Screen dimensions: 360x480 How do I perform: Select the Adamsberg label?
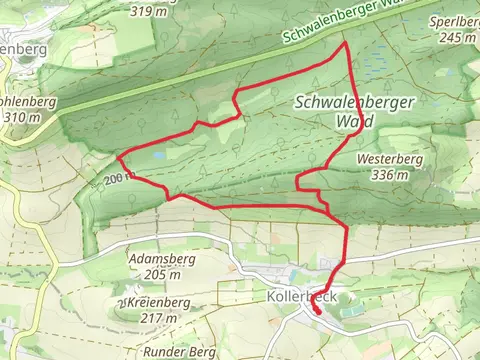pos(160,258)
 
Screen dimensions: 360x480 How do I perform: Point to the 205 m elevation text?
pos(161,274)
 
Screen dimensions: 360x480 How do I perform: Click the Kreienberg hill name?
pos(152,302)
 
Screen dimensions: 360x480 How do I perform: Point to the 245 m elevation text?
pos(456,37)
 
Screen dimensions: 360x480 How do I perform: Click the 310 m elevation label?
pos(21,116)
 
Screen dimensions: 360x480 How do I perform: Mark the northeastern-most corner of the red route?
pos(345,44)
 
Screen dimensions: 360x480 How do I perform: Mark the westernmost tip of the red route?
pos(118,158)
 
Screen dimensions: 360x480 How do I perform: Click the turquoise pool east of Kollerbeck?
pos(352,311)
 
